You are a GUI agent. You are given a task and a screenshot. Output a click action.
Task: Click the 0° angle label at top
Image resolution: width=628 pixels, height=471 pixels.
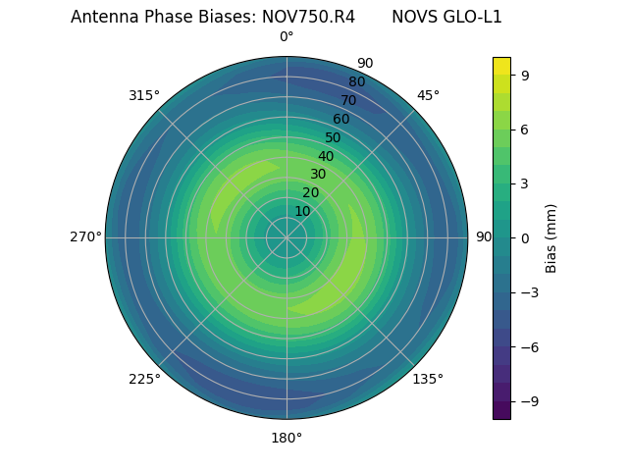[287, 37]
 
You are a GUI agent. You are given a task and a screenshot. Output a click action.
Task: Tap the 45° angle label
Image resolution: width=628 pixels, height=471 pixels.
[428, 95]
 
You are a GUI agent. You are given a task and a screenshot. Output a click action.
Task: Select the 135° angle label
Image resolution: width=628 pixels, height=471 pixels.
[428, 379]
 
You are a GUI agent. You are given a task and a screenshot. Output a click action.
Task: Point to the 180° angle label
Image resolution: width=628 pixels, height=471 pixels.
[287, 438]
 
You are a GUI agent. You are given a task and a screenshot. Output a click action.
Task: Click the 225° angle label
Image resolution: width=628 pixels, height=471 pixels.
[144, 379]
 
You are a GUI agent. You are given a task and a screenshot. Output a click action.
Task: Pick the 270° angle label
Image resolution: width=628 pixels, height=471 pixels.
[85, 236]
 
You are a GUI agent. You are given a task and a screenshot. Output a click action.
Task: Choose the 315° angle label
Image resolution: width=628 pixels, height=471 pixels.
[144, 95]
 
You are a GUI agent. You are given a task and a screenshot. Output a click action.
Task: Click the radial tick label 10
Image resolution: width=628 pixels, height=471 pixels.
[302, 211]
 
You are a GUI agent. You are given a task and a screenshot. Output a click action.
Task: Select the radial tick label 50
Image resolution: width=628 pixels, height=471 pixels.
[333, 138]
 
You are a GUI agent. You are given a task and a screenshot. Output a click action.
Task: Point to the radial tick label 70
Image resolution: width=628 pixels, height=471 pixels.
[348, 101]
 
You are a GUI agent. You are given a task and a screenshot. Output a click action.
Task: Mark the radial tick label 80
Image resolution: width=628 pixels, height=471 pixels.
[356, 82]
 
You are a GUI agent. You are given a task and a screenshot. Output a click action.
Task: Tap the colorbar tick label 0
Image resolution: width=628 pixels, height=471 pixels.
[525, 237]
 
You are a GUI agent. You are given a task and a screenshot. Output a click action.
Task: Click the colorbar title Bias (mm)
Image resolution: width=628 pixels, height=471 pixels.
[551, 237]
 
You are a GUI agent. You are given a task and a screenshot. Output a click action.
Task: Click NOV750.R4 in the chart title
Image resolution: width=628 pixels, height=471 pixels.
[308, 17]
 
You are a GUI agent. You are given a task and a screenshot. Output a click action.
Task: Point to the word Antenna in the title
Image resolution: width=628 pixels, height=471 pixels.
[103, 17]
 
